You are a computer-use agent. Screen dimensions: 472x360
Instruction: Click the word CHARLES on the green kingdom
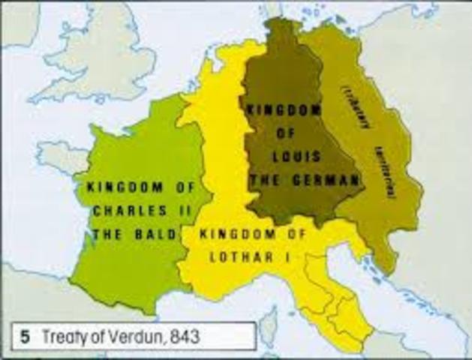coord(119,211)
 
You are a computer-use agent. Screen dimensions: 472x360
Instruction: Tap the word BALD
coord(159,235)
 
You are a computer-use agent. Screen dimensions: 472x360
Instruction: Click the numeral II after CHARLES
coord(169,211)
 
